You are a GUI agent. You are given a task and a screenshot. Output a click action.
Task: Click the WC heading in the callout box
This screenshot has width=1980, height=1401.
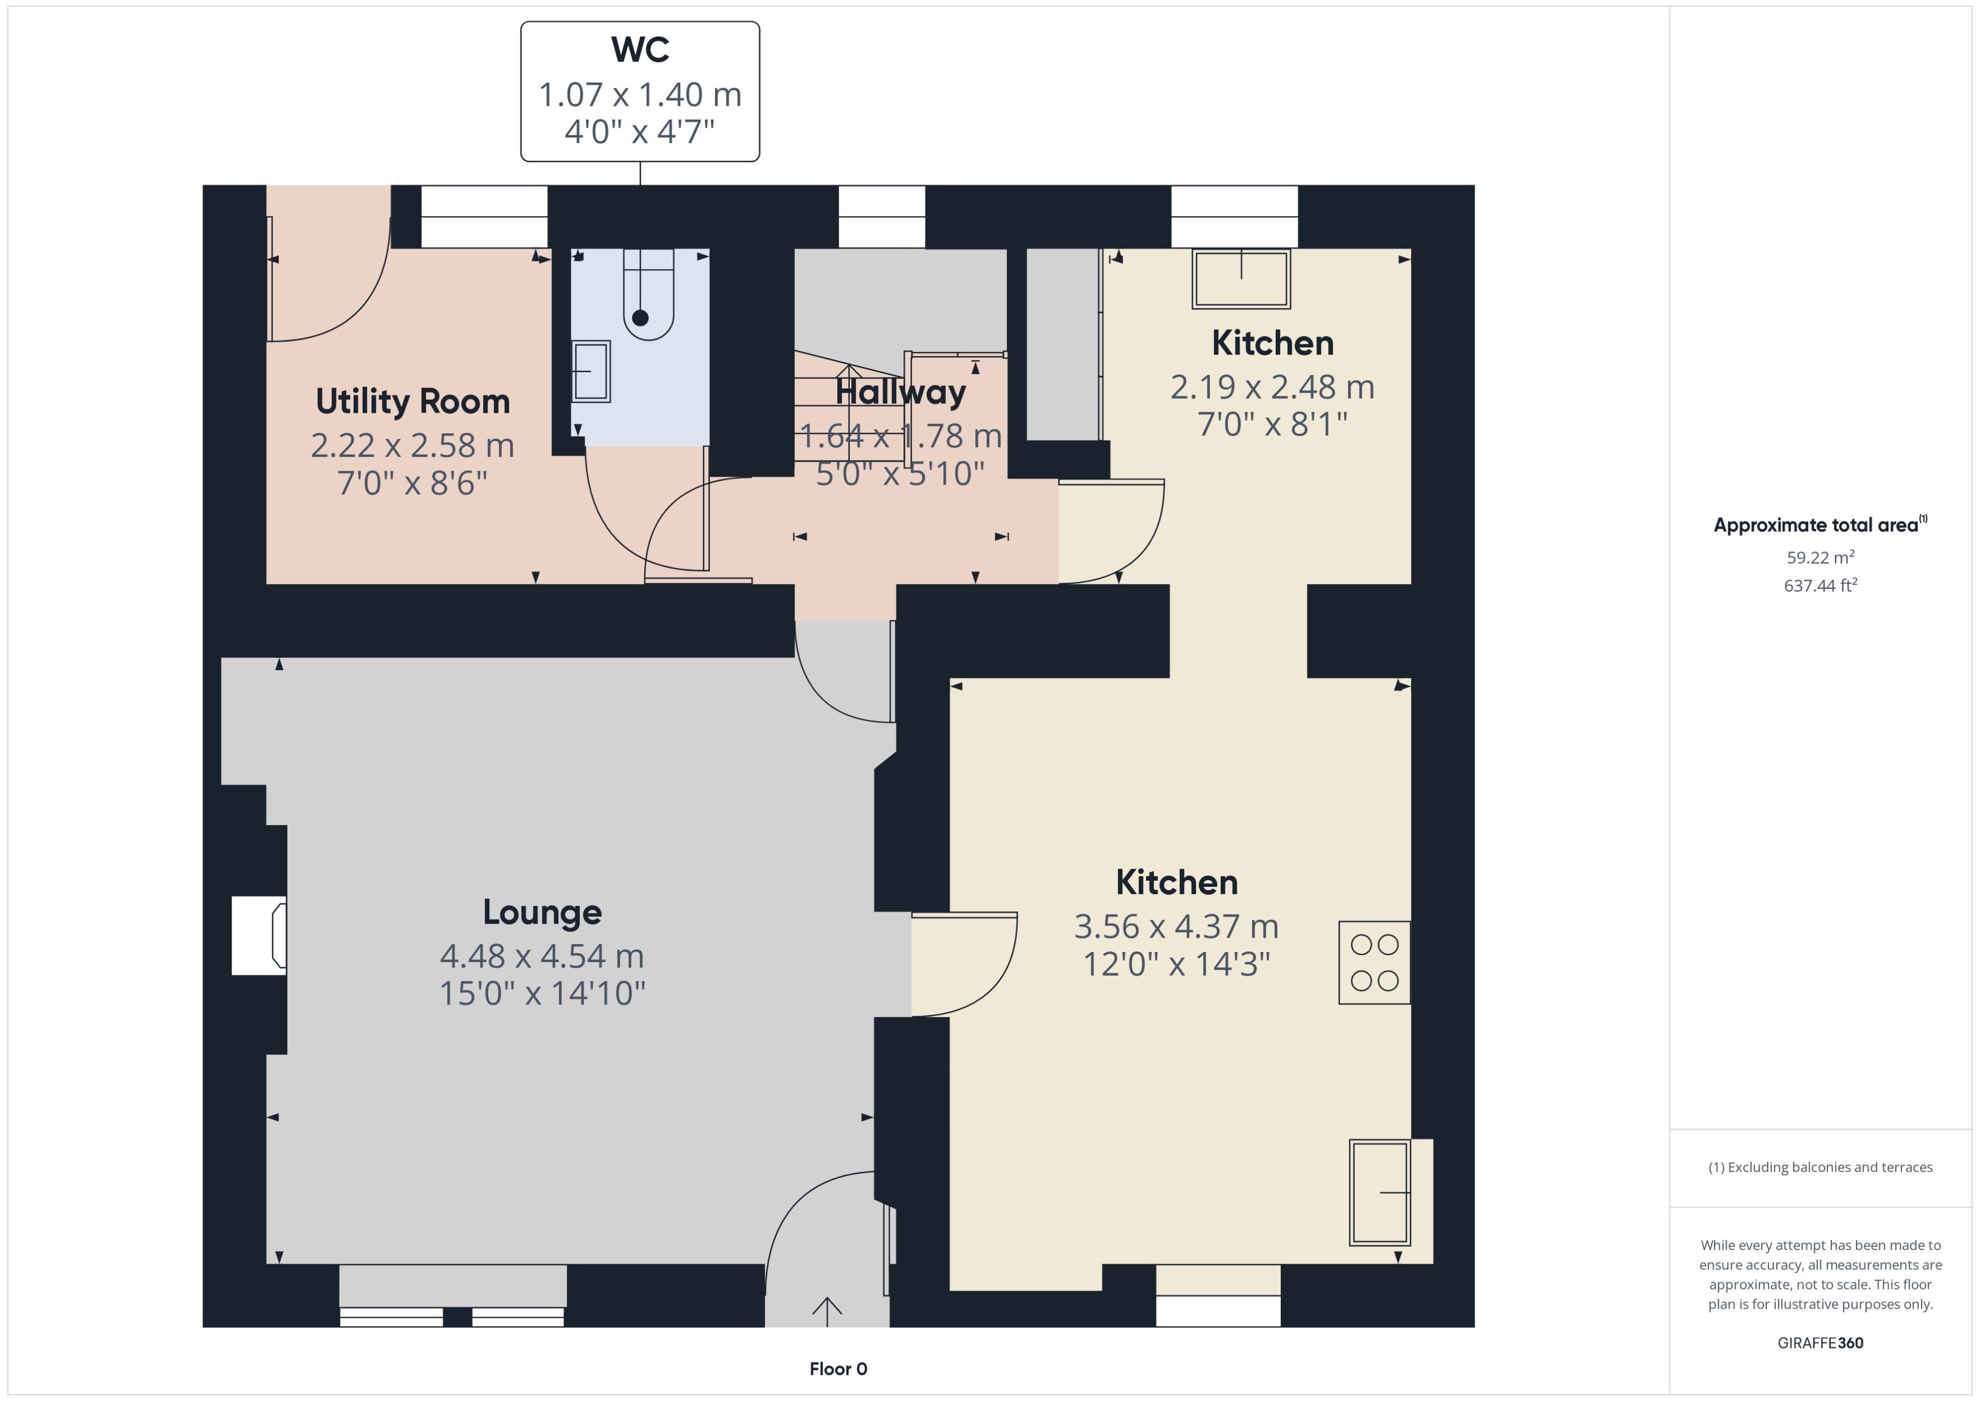click(639, 49)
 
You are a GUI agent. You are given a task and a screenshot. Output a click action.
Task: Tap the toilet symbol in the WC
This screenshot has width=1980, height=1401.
click(647, 298)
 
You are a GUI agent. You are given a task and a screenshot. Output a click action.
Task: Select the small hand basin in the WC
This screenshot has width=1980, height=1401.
click(591, 371)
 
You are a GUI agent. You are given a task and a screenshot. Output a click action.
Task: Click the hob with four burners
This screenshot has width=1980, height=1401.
click(1374, 962)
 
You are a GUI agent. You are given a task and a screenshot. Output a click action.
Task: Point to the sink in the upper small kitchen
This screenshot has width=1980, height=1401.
click(1241, 279)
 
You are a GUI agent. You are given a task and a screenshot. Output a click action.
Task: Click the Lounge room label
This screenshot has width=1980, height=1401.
click(542, 912)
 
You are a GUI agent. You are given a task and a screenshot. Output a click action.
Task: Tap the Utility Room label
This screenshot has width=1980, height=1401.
click(412, 401)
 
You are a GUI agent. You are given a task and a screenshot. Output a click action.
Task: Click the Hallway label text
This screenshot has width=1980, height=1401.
click(900, 393)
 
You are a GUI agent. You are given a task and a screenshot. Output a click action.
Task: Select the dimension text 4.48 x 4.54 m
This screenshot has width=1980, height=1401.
click(542, 956)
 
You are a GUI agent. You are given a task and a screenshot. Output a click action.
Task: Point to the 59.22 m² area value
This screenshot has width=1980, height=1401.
click(1819, 557)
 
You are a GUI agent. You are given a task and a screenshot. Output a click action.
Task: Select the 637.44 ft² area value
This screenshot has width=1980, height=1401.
click(1819, 586)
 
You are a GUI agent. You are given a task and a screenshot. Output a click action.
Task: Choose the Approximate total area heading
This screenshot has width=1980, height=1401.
click(1816, 525)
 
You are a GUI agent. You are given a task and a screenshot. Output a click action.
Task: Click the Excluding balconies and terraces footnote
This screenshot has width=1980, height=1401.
click(1819, 1167)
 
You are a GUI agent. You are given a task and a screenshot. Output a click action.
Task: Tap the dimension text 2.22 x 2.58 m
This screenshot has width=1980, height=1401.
click(412, 445)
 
